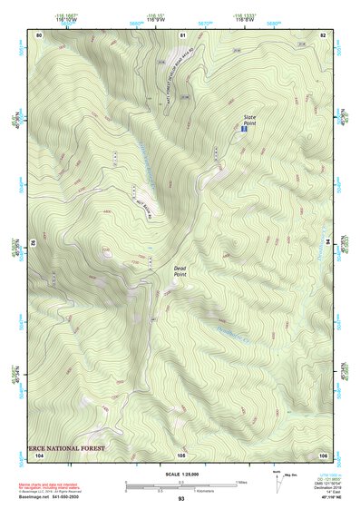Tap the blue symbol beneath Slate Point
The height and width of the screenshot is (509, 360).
coord(243,131)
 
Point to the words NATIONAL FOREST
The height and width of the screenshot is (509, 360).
coord(73,447)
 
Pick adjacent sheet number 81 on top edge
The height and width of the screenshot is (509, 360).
coord(182,34)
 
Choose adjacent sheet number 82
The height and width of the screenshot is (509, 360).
coord(323,34)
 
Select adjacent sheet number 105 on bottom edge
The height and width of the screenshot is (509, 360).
coord(181,454)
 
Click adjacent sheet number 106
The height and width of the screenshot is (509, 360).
coord(323,454)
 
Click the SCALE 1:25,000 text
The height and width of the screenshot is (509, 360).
coord(181,475)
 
